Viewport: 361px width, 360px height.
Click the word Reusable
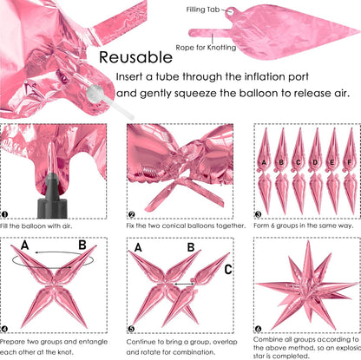click(135, 57)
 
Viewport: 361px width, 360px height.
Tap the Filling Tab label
click(203, 10)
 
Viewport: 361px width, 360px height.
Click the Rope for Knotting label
click(206, 48)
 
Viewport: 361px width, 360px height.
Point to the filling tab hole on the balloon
click(230, 11)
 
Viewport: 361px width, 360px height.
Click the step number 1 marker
click(4, 214)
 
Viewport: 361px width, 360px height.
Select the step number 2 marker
click(131, 214)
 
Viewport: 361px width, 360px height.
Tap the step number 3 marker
click(258, 214)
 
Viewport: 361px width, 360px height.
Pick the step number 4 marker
click(4, 329)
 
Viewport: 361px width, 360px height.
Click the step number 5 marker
click(131, 329)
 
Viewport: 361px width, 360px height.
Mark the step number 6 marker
click(258, 329)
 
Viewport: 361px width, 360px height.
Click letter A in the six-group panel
click(264, 162)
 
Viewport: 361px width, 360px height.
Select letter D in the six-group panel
click(315, 162)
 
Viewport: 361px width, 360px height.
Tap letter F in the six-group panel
click(350, 162)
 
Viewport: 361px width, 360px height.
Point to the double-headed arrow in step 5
click(184, 285)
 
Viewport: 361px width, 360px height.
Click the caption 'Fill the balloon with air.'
click(36, 226)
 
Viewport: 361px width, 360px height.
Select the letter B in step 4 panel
click(82, 245)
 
